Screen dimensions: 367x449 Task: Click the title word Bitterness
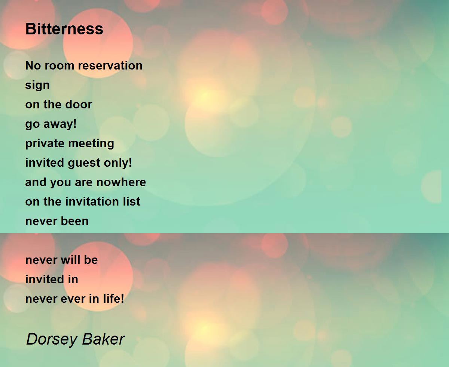click(64, 29)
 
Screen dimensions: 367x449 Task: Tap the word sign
click(37, 86)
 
